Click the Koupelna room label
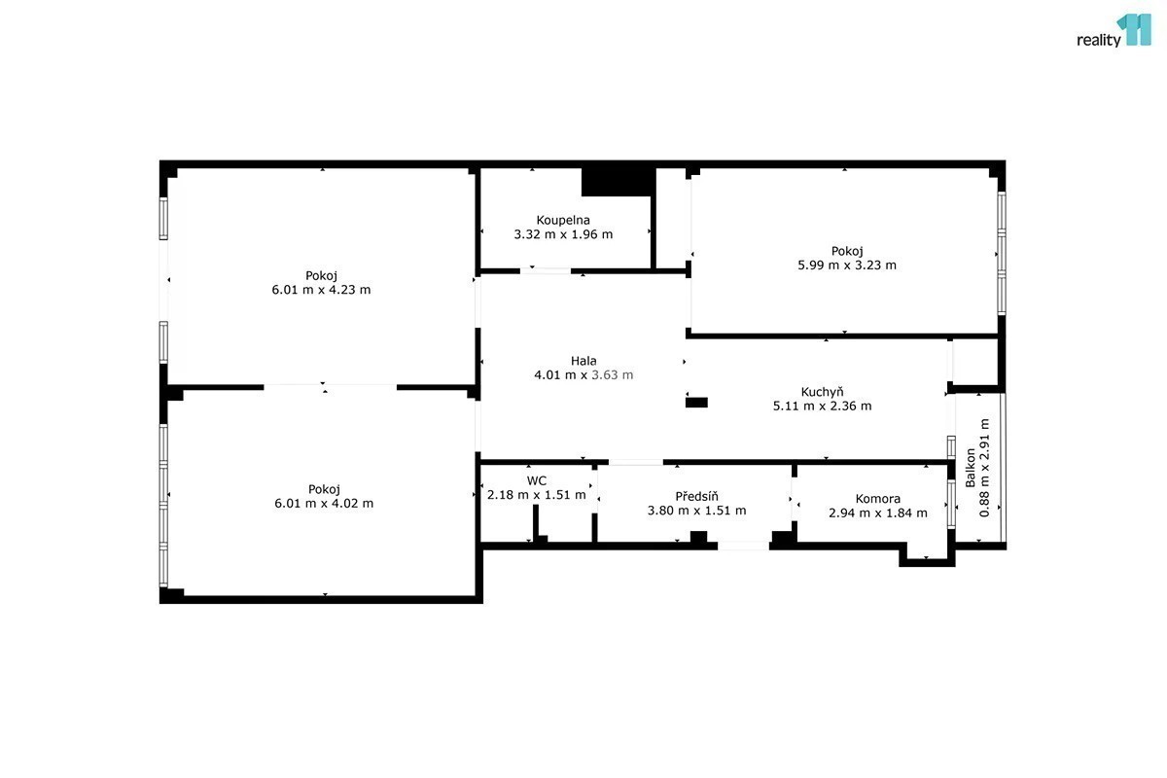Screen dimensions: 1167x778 coord(563,221)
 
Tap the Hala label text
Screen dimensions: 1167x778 coord(583,361)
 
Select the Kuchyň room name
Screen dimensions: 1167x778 coord(822,391)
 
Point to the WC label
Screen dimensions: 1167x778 coord(537,480)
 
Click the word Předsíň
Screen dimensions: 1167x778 coord(696,496)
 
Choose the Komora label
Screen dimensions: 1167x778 coord(878,499)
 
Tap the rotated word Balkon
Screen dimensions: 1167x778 coord(971,468)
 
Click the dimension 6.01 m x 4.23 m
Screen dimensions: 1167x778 coord(321,290)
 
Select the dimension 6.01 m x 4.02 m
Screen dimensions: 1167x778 coord(324,504)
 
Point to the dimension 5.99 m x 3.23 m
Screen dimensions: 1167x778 coord(847,265)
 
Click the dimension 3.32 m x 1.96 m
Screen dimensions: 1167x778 coord(563,234)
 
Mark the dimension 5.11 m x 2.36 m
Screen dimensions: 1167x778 coord(822,406)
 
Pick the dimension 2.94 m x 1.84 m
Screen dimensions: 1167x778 coord(878,513)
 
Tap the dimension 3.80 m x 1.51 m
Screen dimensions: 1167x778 coord(696,511)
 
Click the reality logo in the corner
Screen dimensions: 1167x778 coord(1114,31)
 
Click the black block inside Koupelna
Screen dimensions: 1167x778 coord(619,182)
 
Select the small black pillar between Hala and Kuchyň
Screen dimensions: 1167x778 coord(696,403)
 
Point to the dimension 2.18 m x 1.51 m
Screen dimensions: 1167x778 coord(537,495)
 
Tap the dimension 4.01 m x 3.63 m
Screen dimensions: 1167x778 coord(583,375)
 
